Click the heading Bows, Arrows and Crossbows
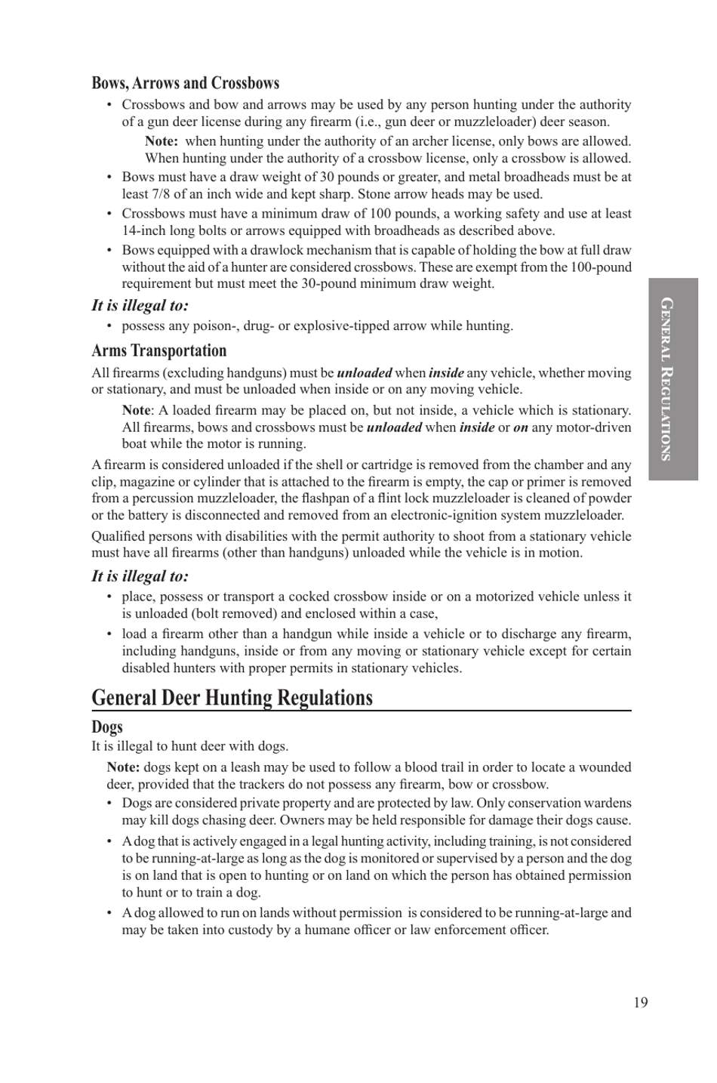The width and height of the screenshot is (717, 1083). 185,83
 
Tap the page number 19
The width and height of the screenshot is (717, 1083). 640,1002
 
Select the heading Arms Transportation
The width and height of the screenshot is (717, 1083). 158,350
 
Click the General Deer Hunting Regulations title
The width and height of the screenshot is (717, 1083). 232,697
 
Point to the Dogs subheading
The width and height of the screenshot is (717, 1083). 107,727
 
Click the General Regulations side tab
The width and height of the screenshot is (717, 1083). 672,379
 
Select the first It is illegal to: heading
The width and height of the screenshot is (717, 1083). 140,305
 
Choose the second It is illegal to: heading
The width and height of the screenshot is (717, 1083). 140,576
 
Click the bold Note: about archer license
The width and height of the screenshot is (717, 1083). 161,141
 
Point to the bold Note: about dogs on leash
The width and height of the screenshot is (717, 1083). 123,767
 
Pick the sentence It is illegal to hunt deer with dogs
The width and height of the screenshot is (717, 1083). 189,746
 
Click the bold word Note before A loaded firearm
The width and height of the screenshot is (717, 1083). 136,410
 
